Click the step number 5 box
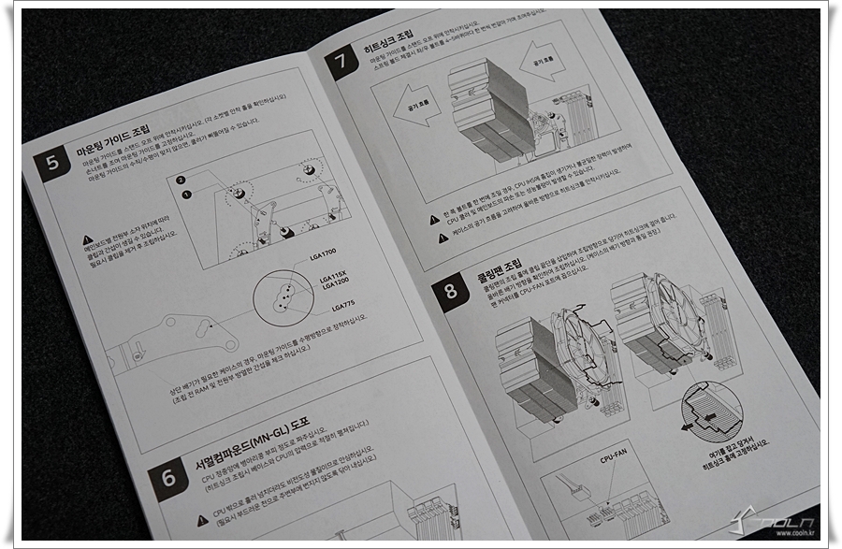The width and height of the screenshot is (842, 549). point(51,163)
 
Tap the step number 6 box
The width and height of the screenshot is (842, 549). point(168,478)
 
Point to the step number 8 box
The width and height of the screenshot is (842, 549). point(451,291)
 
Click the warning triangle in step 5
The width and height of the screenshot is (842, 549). point(87,239)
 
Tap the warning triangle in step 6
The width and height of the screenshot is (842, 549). point(203,520)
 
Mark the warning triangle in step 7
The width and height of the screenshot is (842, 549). point(434,221)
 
